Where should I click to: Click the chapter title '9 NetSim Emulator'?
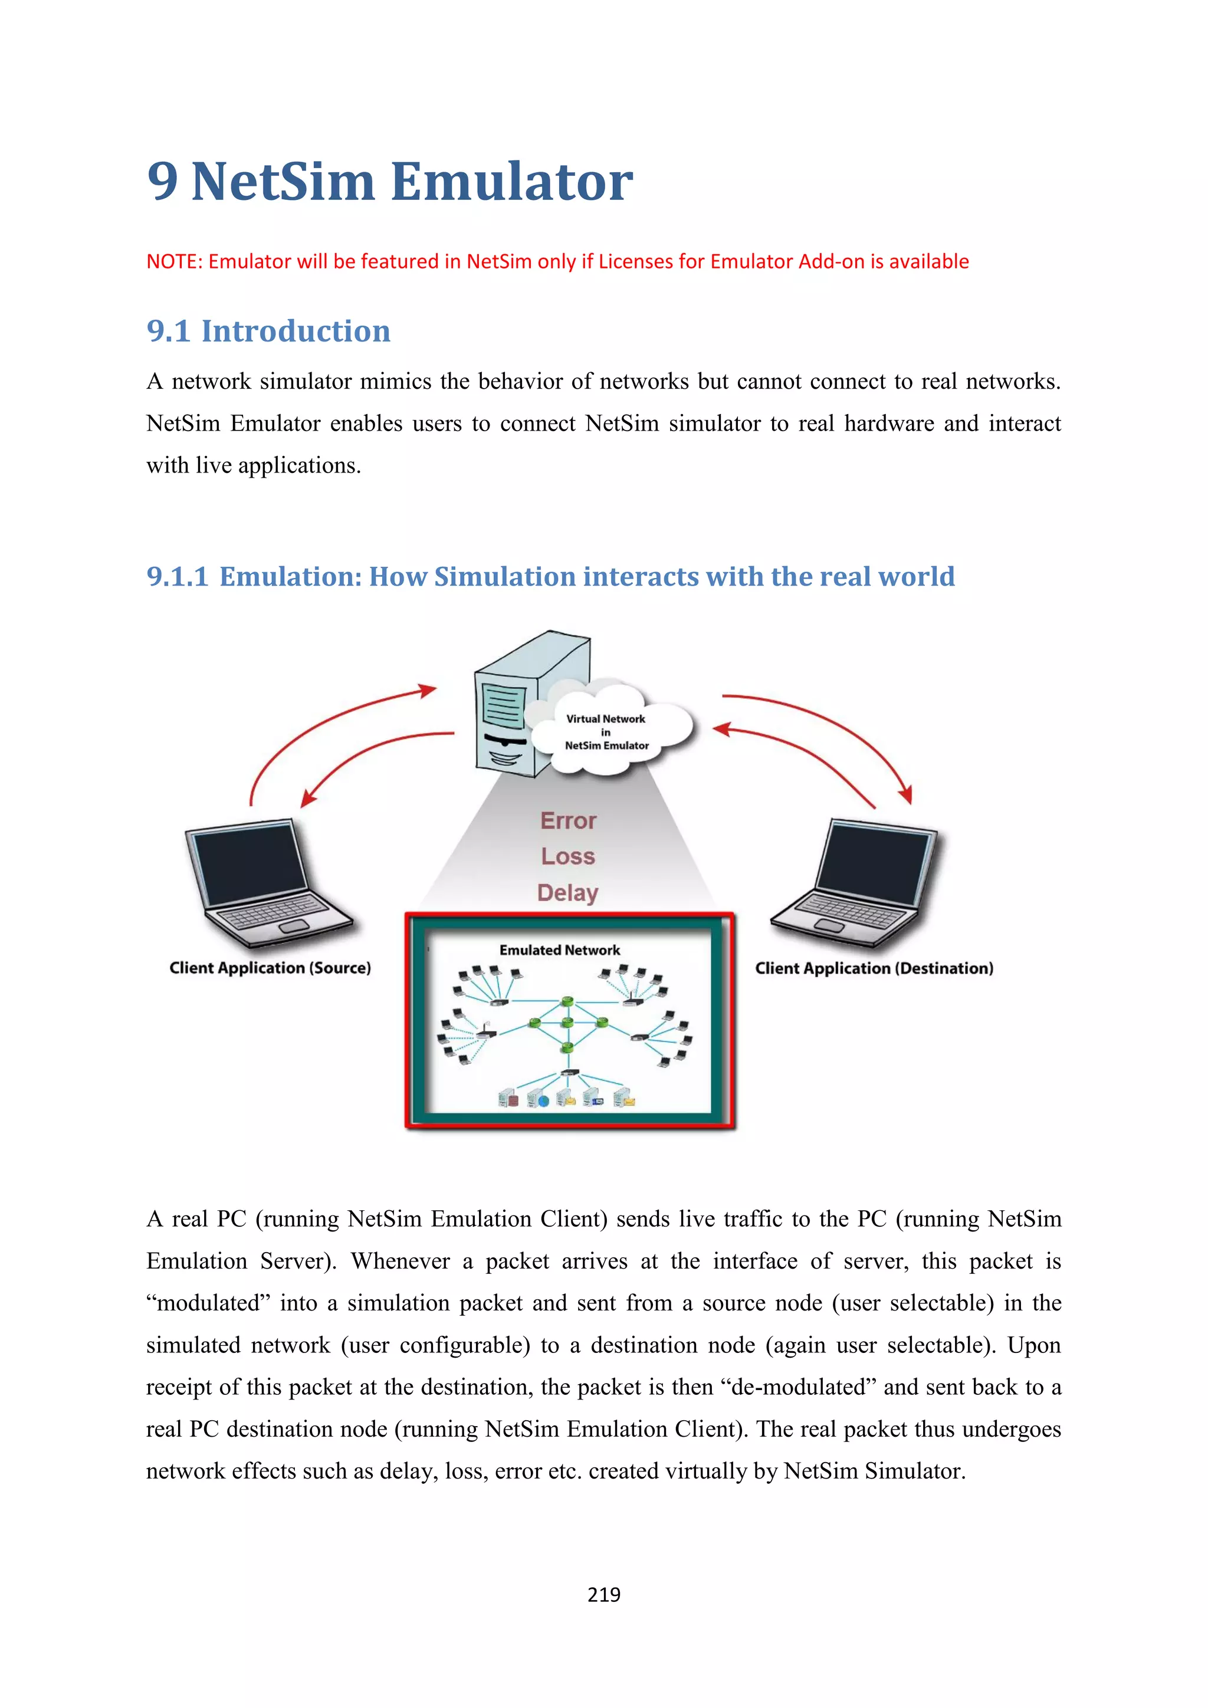(390, 182)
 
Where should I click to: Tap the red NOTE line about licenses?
(557, 262)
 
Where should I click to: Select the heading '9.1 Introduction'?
(268, 331)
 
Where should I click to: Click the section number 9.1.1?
(177, 577)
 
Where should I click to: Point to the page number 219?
(603, 1594)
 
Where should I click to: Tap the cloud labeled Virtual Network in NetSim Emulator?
(610, 732)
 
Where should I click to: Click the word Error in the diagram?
(568, 820)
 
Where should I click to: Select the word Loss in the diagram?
(568, 856)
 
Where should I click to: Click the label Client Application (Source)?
(270, 968)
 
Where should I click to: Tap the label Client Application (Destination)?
(874, 968)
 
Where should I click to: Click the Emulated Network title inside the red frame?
(559, 950)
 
